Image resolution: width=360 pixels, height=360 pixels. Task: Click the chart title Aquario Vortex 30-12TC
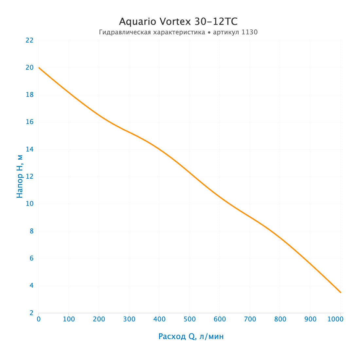pyautogui.click(x=178, y=22)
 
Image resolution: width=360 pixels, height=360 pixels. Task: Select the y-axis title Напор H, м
pyautogui.click(x=20, y=176)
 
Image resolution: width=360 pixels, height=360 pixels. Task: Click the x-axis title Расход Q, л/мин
pyautogui.click(x=191, y=336)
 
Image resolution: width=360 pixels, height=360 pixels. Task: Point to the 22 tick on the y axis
pyautogui.click(x=29, y=40)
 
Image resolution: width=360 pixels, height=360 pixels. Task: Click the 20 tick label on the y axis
pyautogui.click(x=29, y=67)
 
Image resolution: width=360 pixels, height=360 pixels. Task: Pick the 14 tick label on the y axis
pyautogui.click(x=29, y=149)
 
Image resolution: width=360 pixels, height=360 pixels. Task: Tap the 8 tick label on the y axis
pyautogui.click(x=32, y=231)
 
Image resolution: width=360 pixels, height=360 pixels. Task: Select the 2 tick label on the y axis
pyautogui.click(x=32, y=313)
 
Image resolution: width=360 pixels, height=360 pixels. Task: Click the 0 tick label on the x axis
pyautogui.click(x=39, y=319)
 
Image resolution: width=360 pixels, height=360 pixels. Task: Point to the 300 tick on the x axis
pyautogui.click(x=129, y=319)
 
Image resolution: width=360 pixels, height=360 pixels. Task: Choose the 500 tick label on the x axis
pyautogui.click(x=189, y=319)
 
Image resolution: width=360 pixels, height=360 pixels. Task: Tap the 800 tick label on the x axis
pyautogui.click(x=280, y=319)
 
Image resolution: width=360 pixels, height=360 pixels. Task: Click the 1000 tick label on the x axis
pyautogui.click(x=335, y=319)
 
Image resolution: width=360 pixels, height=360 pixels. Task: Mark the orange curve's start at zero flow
pyautogui.click(x=39, y=67)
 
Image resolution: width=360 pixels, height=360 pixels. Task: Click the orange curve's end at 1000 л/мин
pyautogui.click(x=341, y=292)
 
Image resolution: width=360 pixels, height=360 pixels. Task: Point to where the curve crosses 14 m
pyautogui.click(x=159, y=149)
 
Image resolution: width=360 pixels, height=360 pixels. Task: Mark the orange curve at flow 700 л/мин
pyautogui.click(x=250, y=217)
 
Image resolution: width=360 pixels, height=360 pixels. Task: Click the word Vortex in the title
pyautogui.click(x=175, y=22)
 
